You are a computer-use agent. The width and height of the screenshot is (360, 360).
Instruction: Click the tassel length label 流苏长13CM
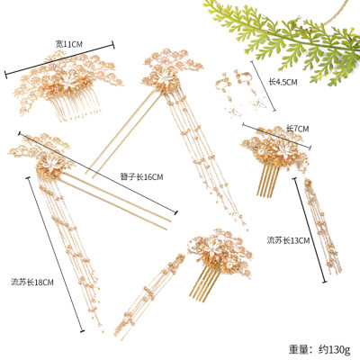(287, 239)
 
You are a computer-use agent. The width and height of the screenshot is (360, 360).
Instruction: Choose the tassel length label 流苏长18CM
(32, 282)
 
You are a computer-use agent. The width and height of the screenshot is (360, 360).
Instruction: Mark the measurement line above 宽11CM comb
(59, 57)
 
